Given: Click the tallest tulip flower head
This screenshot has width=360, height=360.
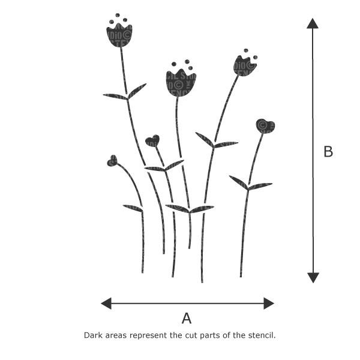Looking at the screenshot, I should point(119,35).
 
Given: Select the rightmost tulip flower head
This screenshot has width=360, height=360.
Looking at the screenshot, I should point(244,65).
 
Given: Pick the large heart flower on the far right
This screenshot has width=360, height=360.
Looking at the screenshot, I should point(265,126).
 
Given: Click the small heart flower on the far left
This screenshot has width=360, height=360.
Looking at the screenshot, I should point(112,160).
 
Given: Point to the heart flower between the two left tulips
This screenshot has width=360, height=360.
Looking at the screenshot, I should point(152,141).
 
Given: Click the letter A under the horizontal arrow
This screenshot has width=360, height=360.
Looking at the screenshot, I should point(187,319).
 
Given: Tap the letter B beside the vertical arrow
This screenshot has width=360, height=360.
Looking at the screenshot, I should point(328,152).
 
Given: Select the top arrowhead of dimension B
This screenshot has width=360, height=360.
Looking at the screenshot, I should point(313,23).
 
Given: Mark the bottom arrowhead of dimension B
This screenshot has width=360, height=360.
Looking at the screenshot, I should point(313,277).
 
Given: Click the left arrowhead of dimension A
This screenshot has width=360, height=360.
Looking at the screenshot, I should point(106,303).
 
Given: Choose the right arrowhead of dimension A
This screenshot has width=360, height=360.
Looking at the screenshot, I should point(269,303).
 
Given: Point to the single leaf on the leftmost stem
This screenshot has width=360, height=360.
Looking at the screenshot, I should point(133,208).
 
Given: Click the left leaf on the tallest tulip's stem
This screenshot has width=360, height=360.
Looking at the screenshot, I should point(115,96).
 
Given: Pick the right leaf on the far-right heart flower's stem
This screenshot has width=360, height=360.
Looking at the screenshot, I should point(260,186).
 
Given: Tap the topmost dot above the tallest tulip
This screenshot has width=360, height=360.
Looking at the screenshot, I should point(118,15).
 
